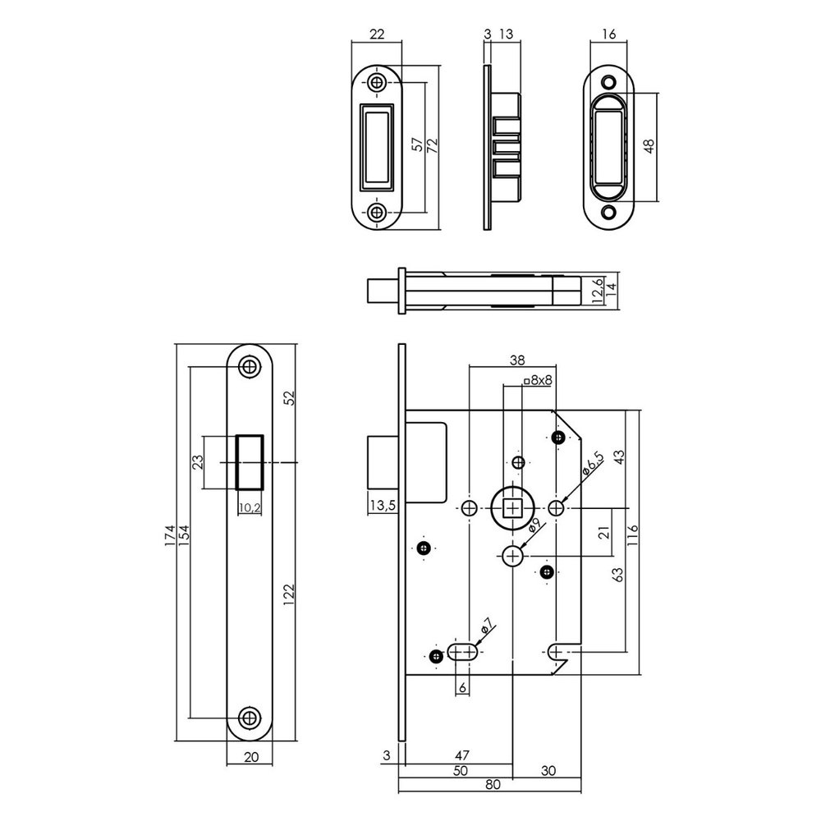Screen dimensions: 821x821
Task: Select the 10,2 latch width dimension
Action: pyautogui.click(x=250, y=508)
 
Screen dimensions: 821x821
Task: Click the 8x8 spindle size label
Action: pyautogui.click(x=538, y=380)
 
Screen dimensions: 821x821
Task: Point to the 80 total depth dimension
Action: pyautogui.click(x=493, y=784)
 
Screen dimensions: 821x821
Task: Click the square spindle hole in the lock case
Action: pyautogui.click(x=514, y=510)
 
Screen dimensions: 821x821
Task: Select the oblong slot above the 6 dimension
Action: pyautogui.click(x=464, y=653)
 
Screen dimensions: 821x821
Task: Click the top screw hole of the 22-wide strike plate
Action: pyautogui.click(x=377, y=83)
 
